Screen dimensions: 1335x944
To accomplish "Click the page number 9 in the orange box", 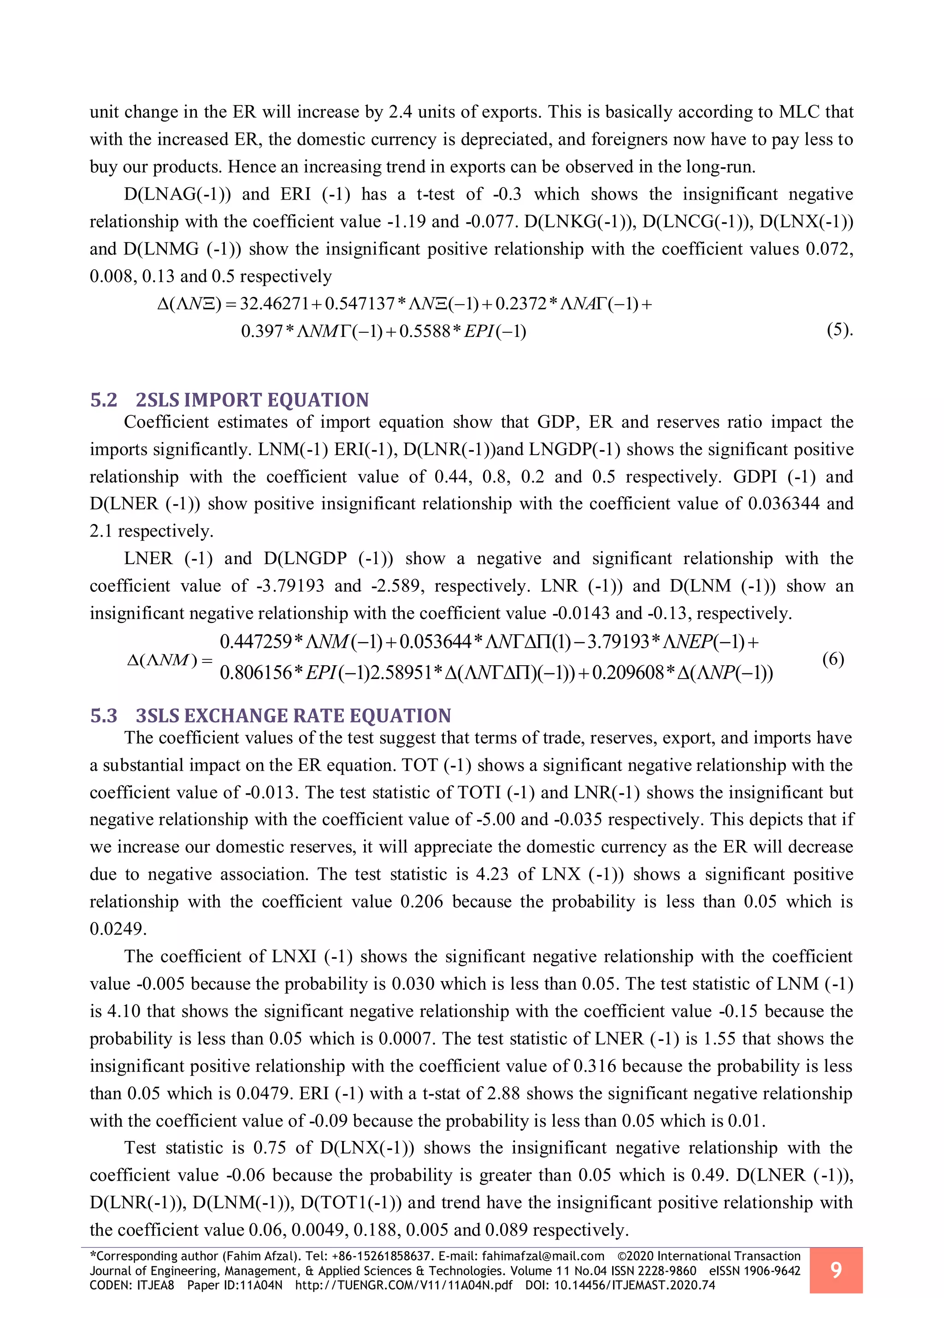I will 836,1270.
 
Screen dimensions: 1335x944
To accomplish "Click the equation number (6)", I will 833,659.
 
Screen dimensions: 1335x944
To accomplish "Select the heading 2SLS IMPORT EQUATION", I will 252,400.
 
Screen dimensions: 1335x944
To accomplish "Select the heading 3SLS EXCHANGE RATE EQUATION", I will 293,716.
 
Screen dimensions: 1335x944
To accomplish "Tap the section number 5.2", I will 103,400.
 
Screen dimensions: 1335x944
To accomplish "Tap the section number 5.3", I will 103,716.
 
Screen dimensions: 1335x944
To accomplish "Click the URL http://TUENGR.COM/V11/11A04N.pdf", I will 403,1285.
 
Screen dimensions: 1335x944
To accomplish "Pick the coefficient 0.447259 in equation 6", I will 256,642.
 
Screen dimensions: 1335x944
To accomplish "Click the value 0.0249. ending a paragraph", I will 118,928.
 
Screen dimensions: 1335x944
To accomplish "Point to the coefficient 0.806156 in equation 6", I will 256,673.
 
